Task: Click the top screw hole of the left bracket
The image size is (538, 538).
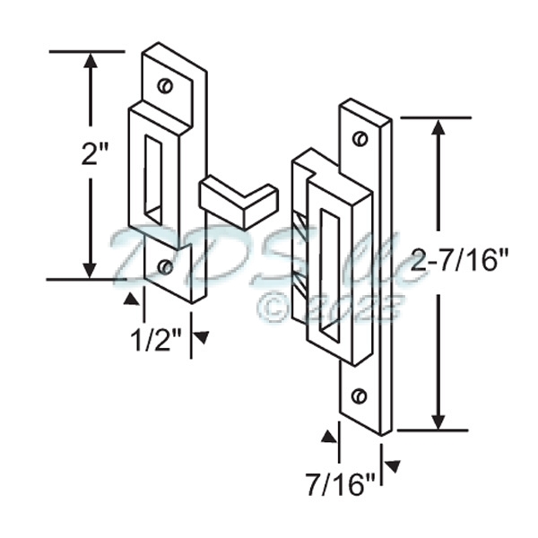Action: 164,85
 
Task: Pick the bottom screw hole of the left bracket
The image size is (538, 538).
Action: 166,266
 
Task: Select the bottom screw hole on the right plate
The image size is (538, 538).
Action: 360,395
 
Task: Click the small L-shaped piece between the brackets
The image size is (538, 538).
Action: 236,202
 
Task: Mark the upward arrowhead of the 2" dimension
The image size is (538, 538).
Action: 90,63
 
